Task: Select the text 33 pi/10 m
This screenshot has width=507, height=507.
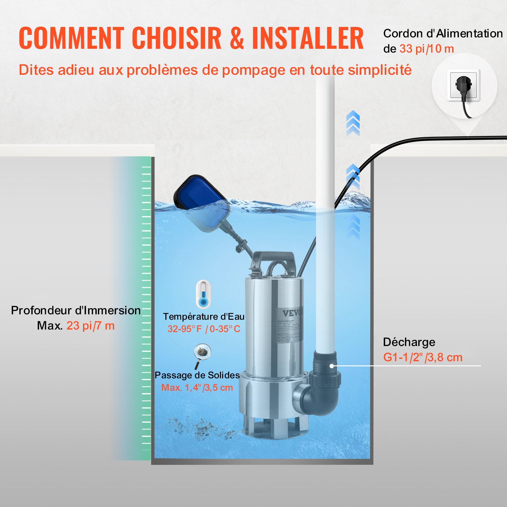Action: point(427,49)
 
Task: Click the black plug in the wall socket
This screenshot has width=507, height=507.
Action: point(464,86)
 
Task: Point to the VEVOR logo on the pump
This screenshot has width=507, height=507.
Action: point(292,313)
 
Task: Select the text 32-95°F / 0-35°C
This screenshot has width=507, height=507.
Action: point(204,329)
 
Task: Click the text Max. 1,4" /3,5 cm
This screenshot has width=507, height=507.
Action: point(197,388)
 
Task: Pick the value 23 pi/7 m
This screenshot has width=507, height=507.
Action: point(90,326)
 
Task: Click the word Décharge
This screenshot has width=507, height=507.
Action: point(409,342)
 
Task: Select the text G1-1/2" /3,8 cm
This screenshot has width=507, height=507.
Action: point(423,357)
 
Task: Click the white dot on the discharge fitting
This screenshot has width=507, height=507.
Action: point(331,366)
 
